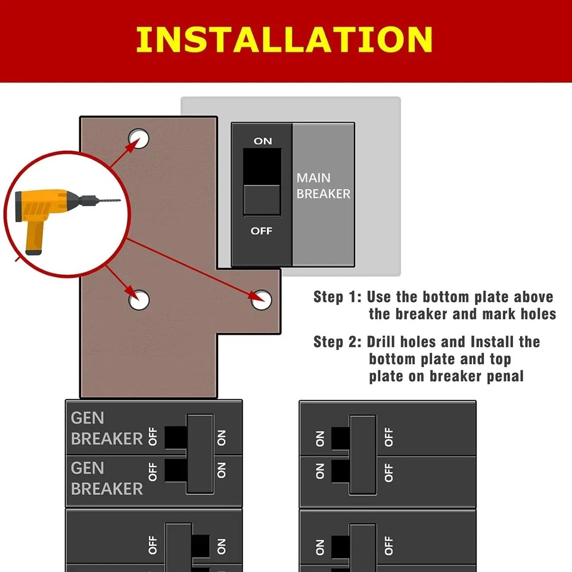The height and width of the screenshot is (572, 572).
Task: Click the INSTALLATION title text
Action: pos(284,39)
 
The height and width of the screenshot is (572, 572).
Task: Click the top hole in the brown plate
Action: pos(139,138)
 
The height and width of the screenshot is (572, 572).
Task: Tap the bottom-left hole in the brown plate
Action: pos(139,299)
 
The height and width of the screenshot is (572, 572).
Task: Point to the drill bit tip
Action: pos(119,200)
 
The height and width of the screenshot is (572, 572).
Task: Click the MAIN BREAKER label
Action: pos(323,186)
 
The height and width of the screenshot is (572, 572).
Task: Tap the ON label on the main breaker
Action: pos(263,141)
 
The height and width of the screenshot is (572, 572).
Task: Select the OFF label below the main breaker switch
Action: pos(262,231)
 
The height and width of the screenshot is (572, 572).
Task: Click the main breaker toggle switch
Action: pos(262,181)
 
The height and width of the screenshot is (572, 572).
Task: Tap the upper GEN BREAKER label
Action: pos(107,428)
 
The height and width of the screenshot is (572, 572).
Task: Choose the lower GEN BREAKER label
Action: pos(107,478)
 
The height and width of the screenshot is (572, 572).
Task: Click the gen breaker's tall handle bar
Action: pos(200,453)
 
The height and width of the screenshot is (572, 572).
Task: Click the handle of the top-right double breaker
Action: pos(362,455)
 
